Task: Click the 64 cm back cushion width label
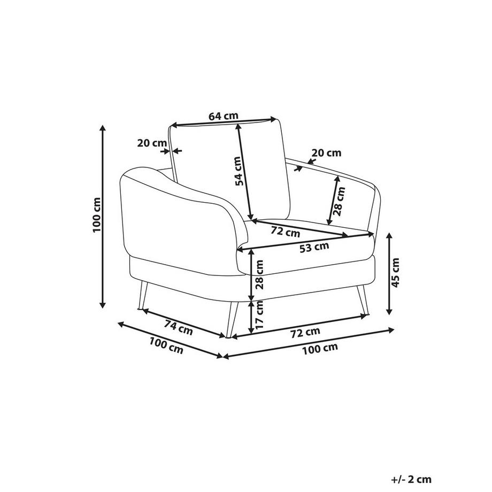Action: tap(223, 116)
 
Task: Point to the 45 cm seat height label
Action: tap(395, 273)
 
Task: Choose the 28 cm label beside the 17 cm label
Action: tap(260, 274)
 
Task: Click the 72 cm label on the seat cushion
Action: tap(285, 232)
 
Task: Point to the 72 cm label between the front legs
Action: tap(305, 332)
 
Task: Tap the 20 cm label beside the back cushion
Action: tap(152, 143)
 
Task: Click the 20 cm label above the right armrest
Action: tap(326, 153)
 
